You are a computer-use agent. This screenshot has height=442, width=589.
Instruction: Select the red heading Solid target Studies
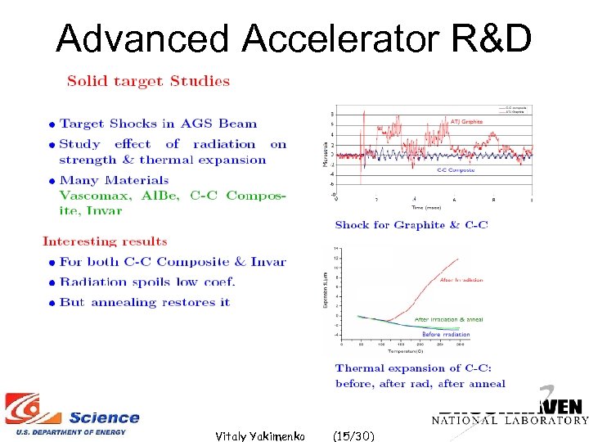(x=148, y=81)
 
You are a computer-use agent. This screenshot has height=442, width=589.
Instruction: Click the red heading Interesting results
(x=105, y=241)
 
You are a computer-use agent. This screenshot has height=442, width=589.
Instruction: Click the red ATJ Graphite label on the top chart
(x=466, y=122)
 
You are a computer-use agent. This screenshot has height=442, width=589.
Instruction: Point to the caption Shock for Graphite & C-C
(x=411, y=225)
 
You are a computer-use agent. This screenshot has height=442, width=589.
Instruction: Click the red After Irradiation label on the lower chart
(x=461, y=280)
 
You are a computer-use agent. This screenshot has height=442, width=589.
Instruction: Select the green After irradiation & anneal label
(x=448, y=319)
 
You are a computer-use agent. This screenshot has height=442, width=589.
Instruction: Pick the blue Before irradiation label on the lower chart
(x=446, y=334)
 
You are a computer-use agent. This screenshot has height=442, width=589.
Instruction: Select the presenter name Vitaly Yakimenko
(x=259, y=436)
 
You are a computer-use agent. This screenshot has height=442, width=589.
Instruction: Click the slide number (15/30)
(x=354, y=436)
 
